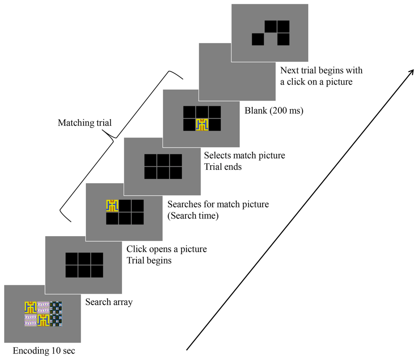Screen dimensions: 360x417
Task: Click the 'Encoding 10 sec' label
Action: click(x=44, y=351)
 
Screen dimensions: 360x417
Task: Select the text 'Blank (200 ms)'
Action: click(x=274, y=111)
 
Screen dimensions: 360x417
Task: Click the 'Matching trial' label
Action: click(x=85, y=123)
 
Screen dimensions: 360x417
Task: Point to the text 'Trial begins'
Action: click(x=149, y=261)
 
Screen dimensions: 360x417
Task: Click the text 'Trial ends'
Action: click(x=223, y=167)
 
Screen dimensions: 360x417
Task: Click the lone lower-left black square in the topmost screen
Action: click(x=258, y=39)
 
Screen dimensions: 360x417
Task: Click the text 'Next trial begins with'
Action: click(x=321, y=70)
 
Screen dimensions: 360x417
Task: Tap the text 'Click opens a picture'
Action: click(x=167, y=250)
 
